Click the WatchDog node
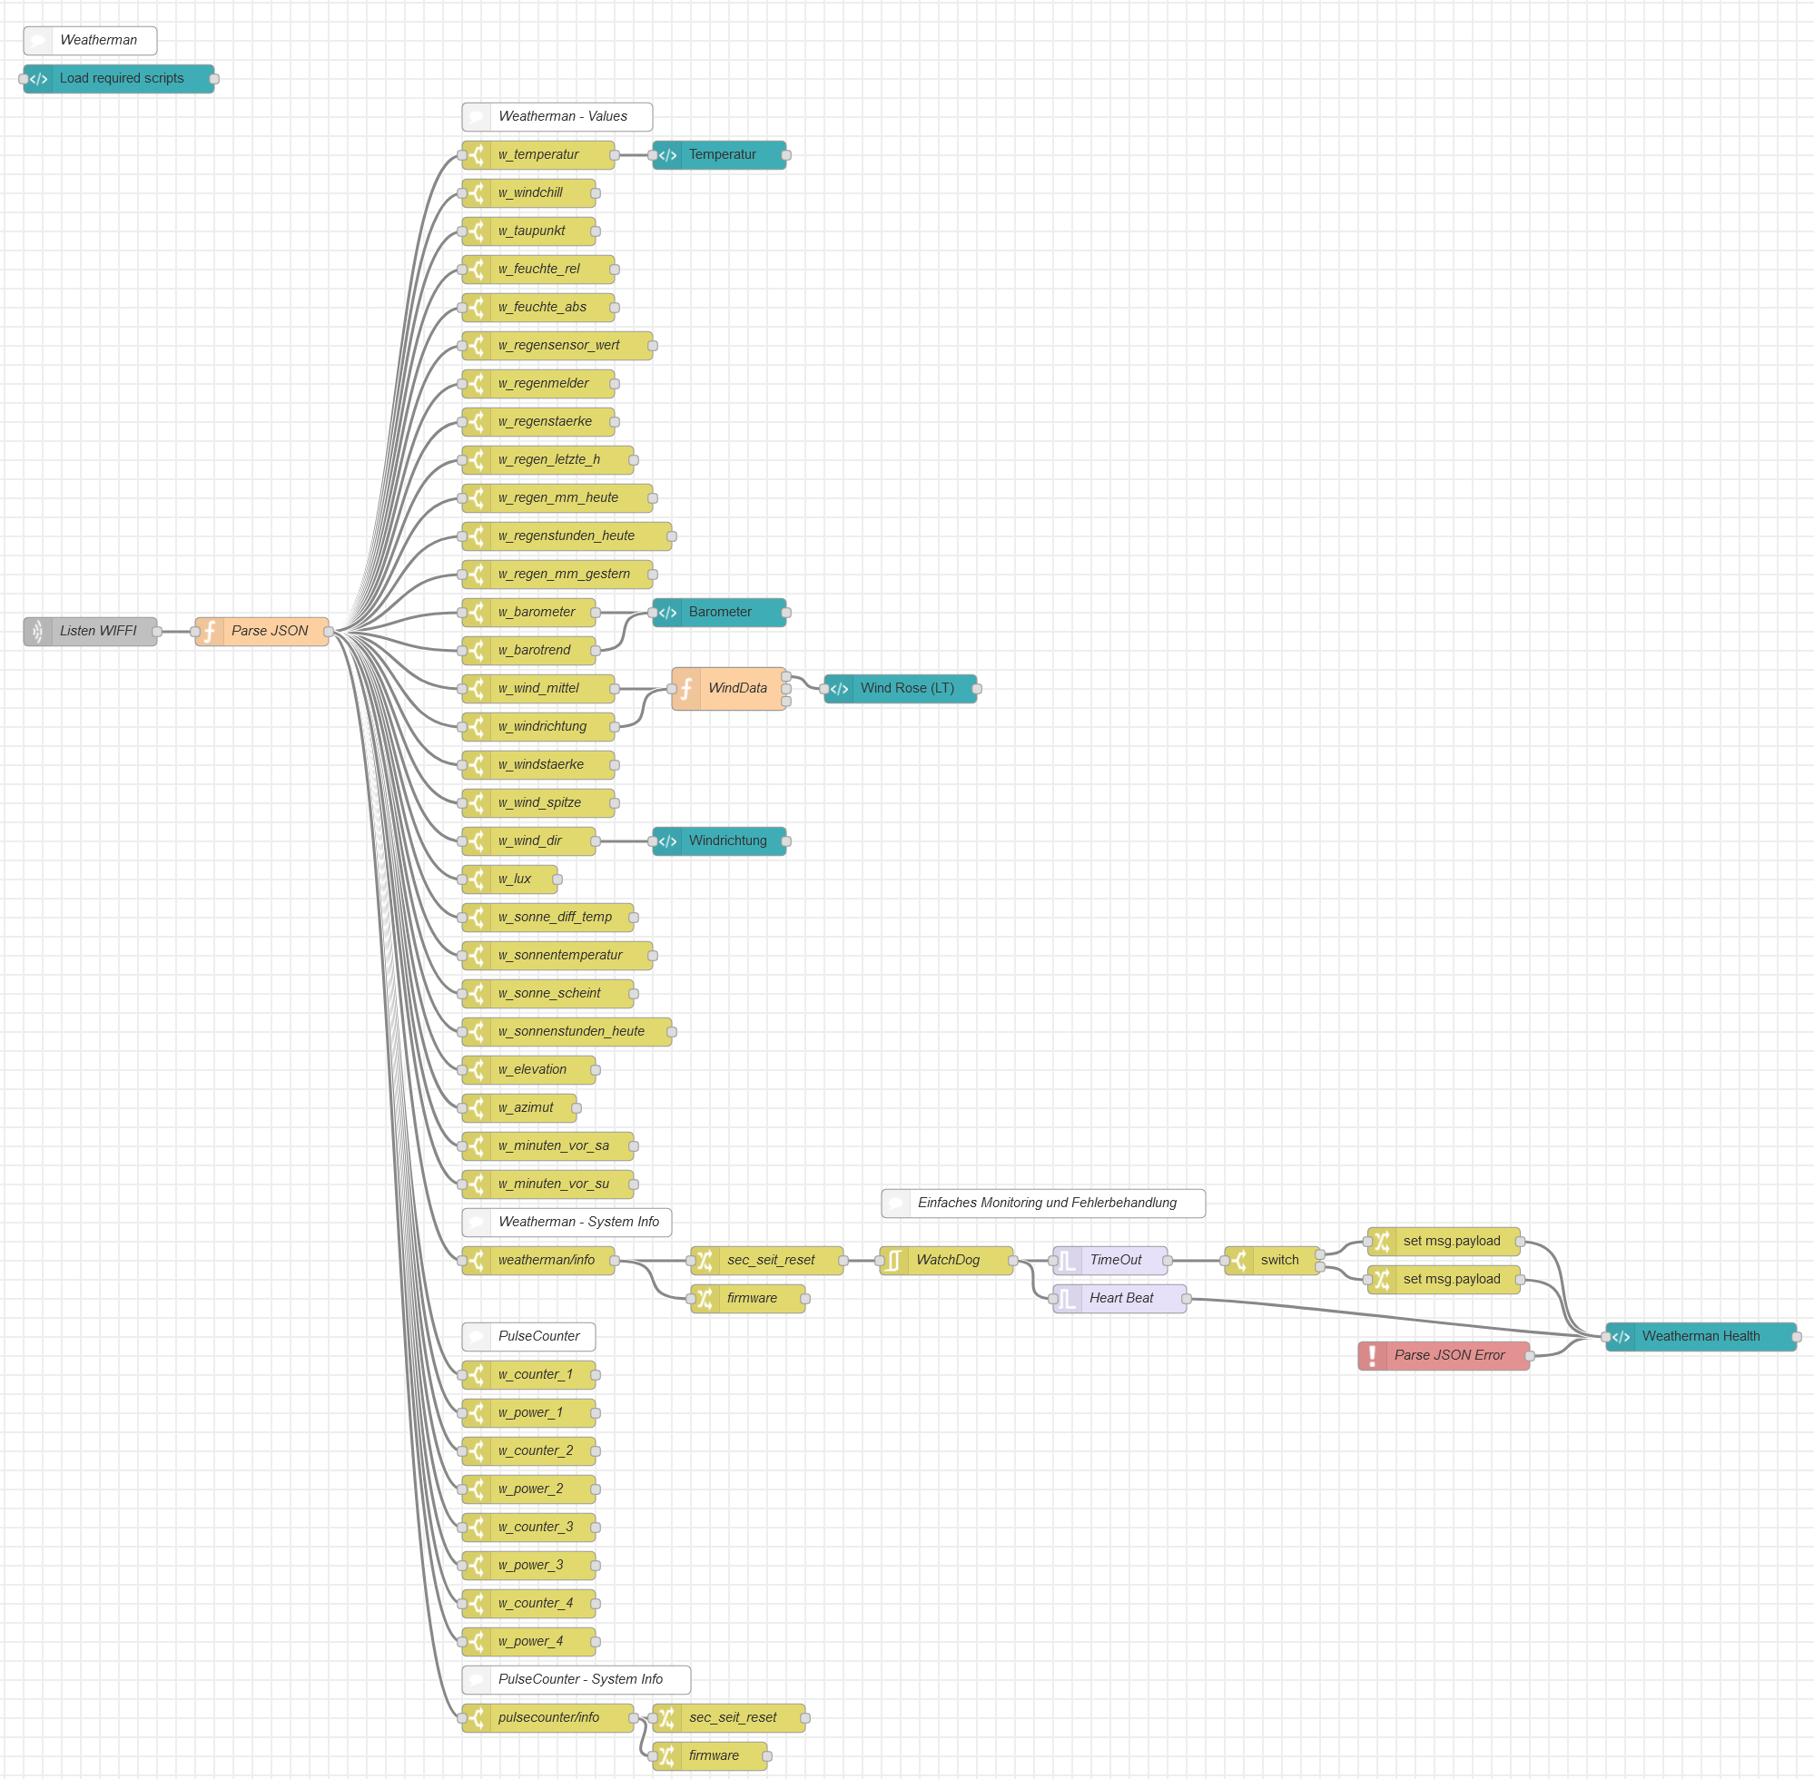coord(947,1261)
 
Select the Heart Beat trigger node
coord(1120,1299)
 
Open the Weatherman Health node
coord(1701,1337)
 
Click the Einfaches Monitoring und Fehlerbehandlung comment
coord(1044,1204)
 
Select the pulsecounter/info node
coord(548,1718)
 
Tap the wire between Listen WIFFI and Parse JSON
coord(177,632)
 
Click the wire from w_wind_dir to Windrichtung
coord(625,840)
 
